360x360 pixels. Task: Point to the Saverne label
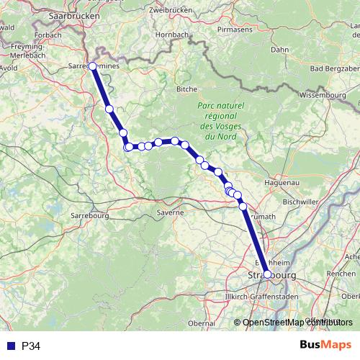click(x=171, y=212)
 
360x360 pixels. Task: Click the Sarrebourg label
click(x=89, y=215)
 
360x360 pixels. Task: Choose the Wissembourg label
click(x=323, y=94)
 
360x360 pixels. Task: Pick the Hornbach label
click(x=171, y=34)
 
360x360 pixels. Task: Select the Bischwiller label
click(x=300, y=202)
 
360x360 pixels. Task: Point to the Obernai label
click(x=201, y=324)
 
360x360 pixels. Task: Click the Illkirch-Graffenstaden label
click(x=261, y=297)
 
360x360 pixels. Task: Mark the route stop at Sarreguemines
click(x=93, y=66)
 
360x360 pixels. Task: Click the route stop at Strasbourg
click(x=267, y=274)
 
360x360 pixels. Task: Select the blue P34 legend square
click(x=9, y=346)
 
